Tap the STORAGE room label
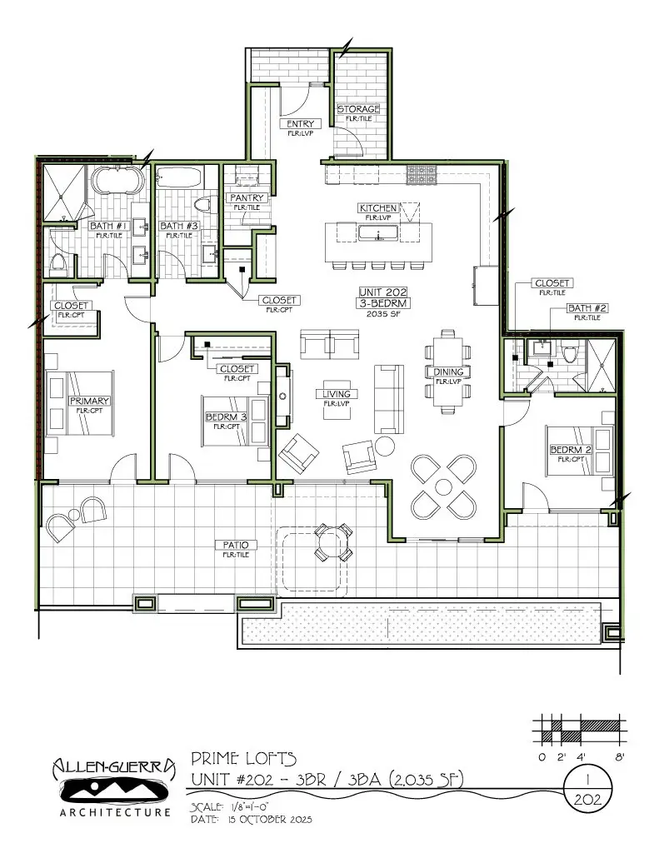click(x=358, y=109)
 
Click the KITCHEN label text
click(x=377, y=207)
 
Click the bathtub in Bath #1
click(x=115, y=179)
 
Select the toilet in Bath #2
click(x=571, y=354)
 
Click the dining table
click(x=447, y=372)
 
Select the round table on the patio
click(x=332, y=543)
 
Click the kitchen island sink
click(x=378, y=232)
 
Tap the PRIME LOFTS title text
click(x=242, y=758)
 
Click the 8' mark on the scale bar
click(x=619, y=757)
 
